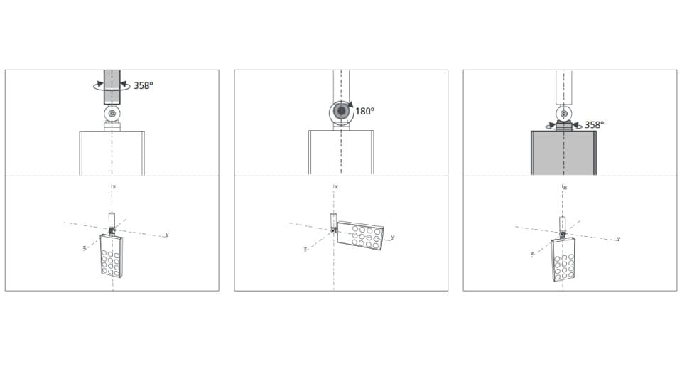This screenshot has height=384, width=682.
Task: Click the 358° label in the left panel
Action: click(143, 85)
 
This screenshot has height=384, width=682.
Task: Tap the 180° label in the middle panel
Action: click(364, 112)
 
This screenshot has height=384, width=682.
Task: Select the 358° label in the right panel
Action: click(594, 124)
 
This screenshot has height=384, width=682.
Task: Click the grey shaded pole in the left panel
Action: click(112, 86)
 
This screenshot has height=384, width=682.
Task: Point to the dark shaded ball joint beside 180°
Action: click(342, 112)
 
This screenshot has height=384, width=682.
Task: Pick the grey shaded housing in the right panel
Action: click(563, 152)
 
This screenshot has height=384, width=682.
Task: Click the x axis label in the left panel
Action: click(114, 186)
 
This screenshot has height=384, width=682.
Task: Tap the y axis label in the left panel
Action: click(167, 234)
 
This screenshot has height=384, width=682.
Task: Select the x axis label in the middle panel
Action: click(337, 186)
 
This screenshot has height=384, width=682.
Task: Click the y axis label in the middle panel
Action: click(392, 237)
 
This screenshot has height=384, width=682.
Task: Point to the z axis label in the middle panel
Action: click(305, 250)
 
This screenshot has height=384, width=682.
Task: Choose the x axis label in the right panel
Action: click(565, 187)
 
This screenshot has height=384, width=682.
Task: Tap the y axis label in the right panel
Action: click(618, 238)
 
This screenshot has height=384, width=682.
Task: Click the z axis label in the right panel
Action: click(532, 253)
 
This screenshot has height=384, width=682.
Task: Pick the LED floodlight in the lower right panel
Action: click(563, 259)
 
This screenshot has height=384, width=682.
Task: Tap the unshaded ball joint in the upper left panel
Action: click(112, 114)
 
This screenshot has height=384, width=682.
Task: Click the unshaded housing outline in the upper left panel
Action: click(112, 152)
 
